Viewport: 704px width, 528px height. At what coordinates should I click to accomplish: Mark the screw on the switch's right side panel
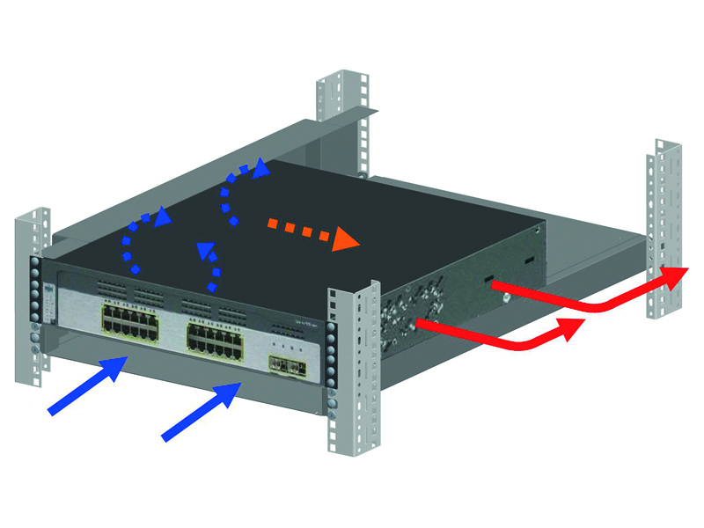tap(509, 297)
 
